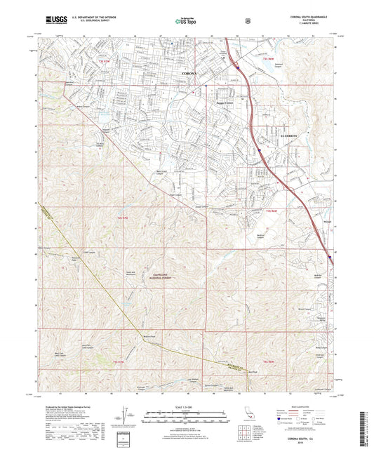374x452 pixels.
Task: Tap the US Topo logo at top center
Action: tap(187, 21)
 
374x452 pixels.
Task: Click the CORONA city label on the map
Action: tap(189, 72)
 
